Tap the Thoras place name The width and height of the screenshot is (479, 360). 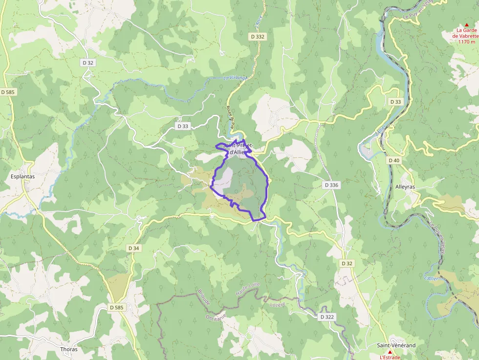point(69,349)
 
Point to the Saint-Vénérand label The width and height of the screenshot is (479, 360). point(396,345)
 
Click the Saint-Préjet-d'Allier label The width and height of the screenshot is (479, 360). point(238,149)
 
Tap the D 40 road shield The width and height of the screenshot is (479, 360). point(394,160)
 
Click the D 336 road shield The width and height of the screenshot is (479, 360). point(331,185)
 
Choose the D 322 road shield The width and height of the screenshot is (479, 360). point(327,317)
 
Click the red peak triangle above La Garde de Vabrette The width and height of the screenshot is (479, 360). point(466,24)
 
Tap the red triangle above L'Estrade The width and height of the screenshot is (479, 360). point(390,352)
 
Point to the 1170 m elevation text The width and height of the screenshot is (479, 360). point(466,42)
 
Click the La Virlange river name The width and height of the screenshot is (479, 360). point(236,78)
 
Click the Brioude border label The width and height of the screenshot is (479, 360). point(204,296)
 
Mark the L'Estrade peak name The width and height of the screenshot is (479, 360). point(390,357)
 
